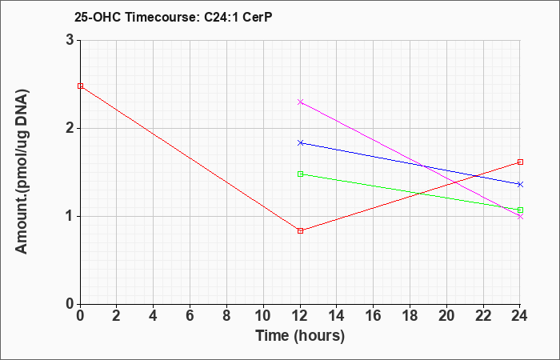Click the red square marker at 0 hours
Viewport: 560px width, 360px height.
80,86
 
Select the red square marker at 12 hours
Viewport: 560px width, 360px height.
300,230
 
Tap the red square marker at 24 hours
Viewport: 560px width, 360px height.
520,162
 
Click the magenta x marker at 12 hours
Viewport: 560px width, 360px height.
300,102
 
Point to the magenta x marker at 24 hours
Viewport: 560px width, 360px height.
520,217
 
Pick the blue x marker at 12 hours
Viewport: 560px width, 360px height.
300,143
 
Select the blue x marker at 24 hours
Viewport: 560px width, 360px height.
520,184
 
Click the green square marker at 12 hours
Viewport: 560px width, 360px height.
300,174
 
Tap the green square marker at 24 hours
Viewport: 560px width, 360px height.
520,210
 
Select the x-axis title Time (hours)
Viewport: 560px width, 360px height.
300,336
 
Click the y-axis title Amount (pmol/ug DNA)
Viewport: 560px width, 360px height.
22,171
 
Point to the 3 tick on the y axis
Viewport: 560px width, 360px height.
70,40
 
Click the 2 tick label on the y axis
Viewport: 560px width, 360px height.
70,129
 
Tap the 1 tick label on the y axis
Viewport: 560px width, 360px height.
70,217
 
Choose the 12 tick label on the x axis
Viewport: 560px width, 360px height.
300,316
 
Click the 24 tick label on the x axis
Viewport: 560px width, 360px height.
520,316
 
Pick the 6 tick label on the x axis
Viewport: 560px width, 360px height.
190,316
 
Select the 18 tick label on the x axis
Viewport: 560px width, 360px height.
410,316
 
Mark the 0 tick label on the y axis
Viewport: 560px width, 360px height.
70,304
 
